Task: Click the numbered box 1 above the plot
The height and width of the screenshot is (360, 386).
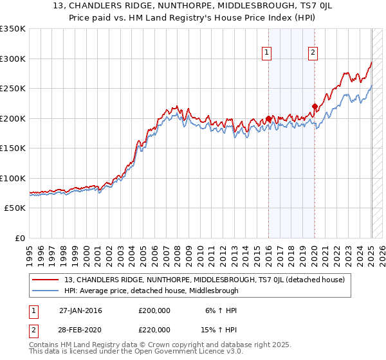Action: coord(266,53)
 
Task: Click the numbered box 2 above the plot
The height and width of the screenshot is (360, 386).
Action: coord(313,53)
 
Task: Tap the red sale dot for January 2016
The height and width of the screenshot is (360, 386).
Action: coord(268,119)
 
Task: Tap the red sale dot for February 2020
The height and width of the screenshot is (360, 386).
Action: coord(315,107)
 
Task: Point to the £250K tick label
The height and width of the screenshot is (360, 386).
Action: coord(12,89)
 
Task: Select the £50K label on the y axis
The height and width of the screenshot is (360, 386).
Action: coord(14,208)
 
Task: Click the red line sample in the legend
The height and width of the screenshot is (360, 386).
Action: coord(45,280)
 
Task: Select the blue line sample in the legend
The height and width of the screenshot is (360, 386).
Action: coord(45,291)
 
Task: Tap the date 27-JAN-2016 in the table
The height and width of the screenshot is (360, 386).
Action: coord(80,310)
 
